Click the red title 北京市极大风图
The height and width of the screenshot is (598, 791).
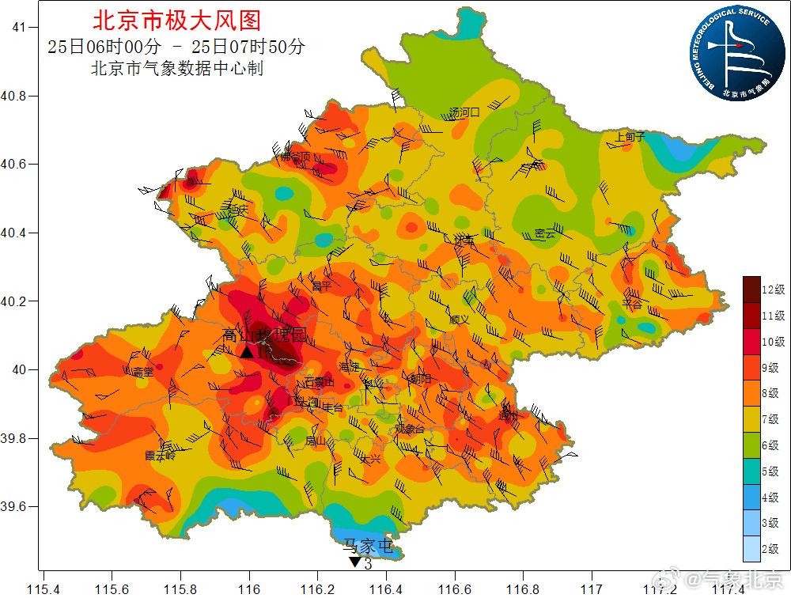[176, 20]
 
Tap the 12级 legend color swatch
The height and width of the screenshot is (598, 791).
[751, 289]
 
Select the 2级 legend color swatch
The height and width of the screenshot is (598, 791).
[751, 548]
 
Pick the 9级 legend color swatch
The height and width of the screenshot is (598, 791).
[751, 367]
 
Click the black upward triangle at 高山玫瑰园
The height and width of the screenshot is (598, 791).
[247, 352]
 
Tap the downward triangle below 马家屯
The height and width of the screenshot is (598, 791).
[354, 562]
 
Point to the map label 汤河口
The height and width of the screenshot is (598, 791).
[464, 112]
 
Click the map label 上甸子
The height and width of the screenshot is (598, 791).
[630, 137]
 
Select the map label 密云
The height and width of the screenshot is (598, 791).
[545, 234]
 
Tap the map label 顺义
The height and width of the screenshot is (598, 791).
[459, 320]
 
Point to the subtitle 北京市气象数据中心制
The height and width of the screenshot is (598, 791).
[177, 69]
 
